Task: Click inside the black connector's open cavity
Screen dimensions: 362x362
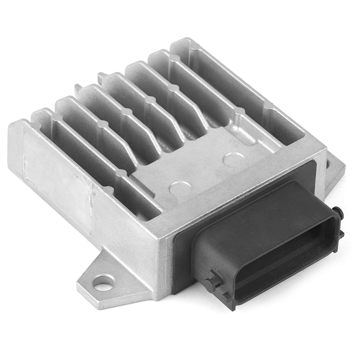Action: (286, 257)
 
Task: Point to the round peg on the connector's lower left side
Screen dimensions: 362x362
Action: (211, 284)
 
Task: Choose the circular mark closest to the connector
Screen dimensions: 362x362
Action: (233, 159)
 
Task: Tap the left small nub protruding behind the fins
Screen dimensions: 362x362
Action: (77, 88)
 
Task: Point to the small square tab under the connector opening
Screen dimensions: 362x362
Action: (227, 297)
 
